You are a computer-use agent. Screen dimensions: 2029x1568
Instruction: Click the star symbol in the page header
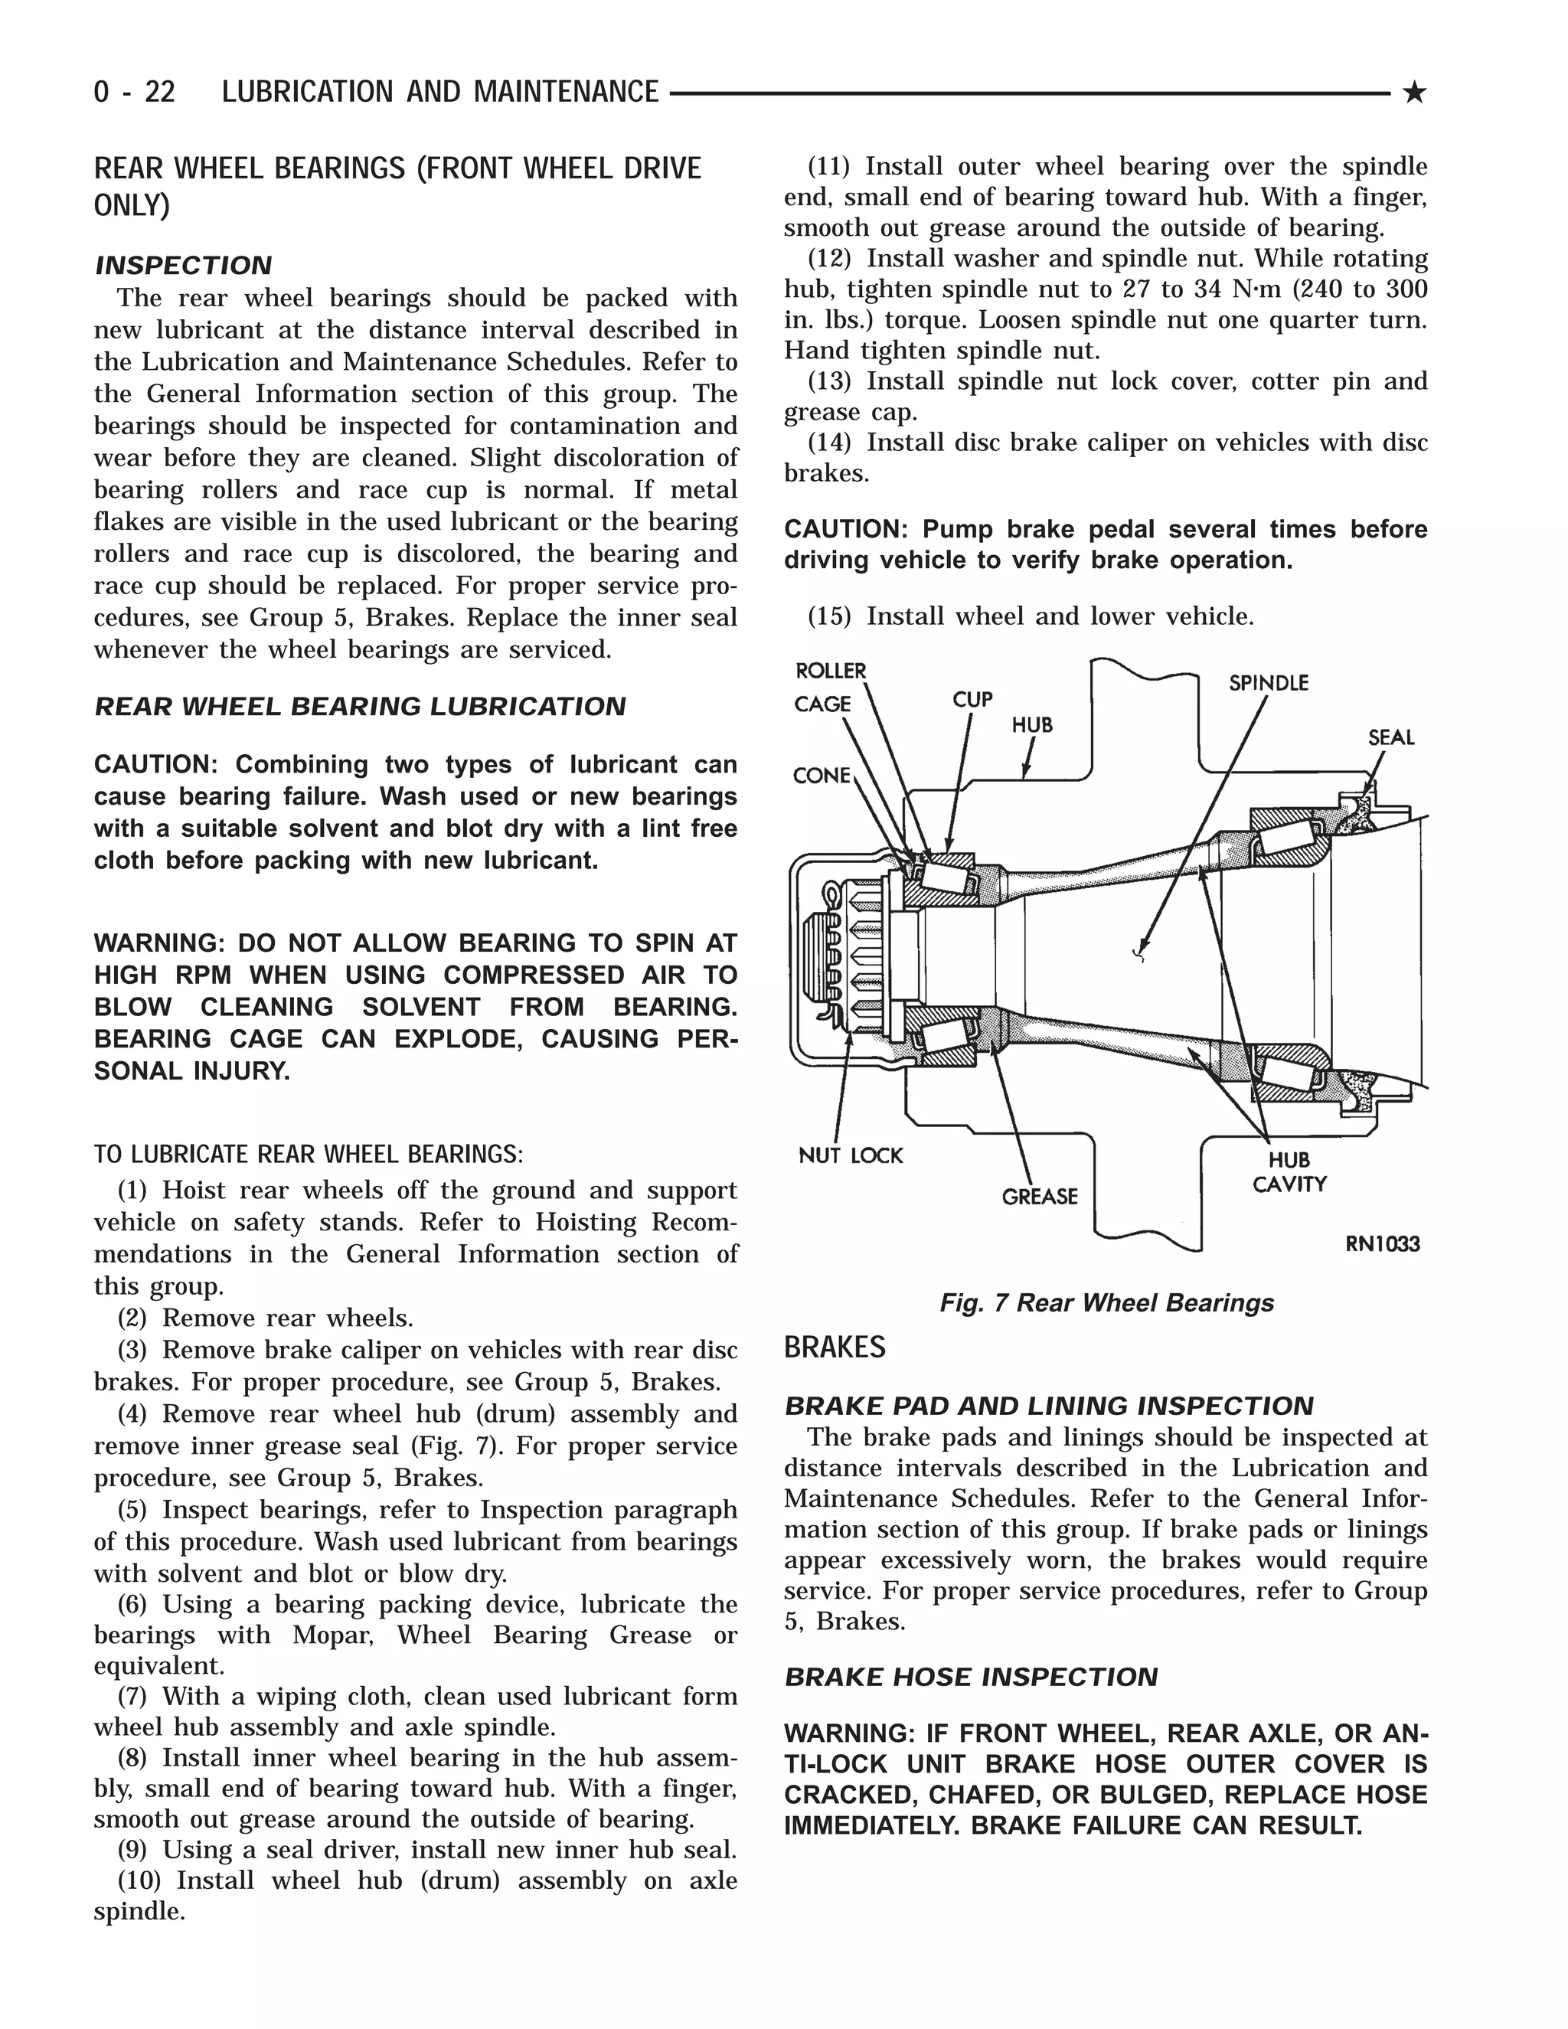coord(1414,92)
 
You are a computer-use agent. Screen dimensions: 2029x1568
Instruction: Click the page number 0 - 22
coord(135,92)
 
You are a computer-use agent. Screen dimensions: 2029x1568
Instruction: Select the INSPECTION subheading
coord(183,266)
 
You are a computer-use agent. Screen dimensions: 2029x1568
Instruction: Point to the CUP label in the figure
coord(972,698)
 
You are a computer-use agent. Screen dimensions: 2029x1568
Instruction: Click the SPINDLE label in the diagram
coord(1268,683)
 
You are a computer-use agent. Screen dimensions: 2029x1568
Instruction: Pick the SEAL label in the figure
coord(1390,737)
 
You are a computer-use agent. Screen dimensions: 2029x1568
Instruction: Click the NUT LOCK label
coord(850,1155)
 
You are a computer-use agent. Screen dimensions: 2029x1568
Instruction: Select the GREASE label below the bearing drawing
coord(1040,1197)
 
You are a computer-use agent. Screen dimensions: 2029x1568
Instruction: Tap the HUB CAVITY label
coord(1289,1171)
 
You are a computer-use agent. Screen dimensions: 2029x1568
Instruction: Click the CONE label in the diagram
coord(822,775)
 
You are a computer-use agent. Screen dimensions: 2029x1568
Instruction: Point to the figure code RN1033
coord(1382,1243)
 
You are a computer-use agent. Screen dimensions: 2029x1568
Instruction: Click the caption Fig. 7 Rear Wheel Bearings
coord(1106,1302)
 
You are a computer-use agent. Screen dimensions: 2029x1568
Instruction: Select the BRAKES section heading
coord(835,1347)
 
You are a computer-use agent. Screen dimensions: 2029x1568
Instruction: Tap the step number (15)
coord(828,616)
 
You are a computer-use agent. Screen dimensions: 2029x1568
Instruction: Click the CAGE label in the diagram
coord(822,704)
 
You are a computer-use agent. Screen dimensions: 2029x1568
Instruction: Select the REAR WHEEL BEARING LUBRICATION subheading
coord(361,707)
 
